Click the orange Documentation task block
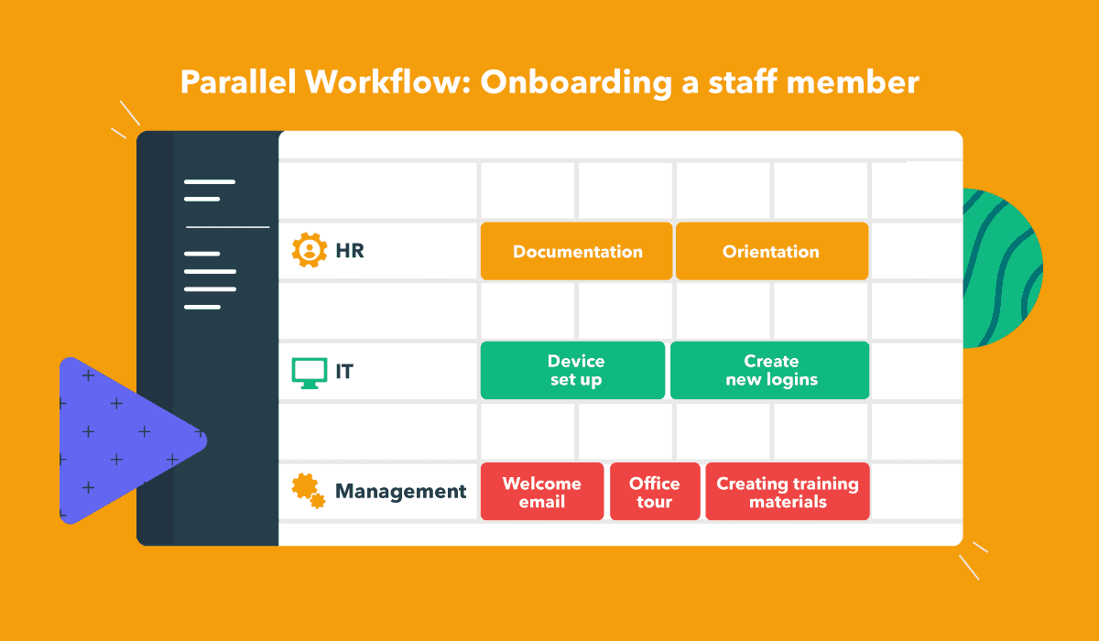click(577, 252)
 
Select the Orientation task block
click(771, 252)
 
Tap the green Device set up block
click(573, 371)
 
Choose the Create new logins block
click(770, 371)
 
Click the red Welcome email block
click(541, 492)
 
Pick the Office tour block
click(655, 492)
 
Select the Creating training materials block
click(788, 492)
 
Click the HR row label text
click(350, 251)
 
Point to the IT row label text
click(344, 372)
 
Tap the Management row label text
click(400, 492)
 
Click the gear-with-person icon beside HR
click(310, 250)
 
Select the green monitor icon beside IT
click(310, 372)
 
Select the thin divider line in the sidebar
click(228, 226)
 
